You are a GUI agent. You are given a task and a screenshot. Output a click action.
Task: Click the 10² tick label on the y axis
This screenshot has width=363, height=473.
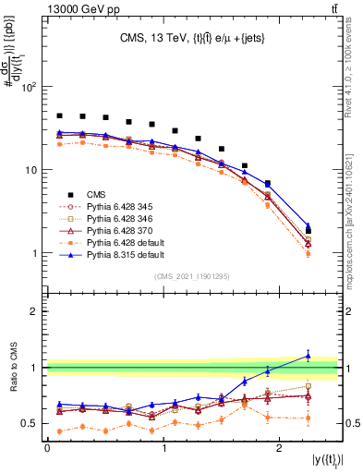point(29,87)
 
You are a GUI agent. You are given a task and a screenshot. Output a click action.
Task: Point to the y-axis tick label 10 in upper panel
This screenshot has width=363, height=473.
point(30,170)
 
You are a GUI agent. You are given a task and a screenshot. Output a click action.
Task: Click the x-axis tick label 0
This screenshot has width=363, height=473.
point(47,448)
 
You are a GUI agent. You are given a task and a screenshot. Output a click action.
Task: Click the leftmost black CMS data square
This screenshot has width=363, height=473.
point(59,115)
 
